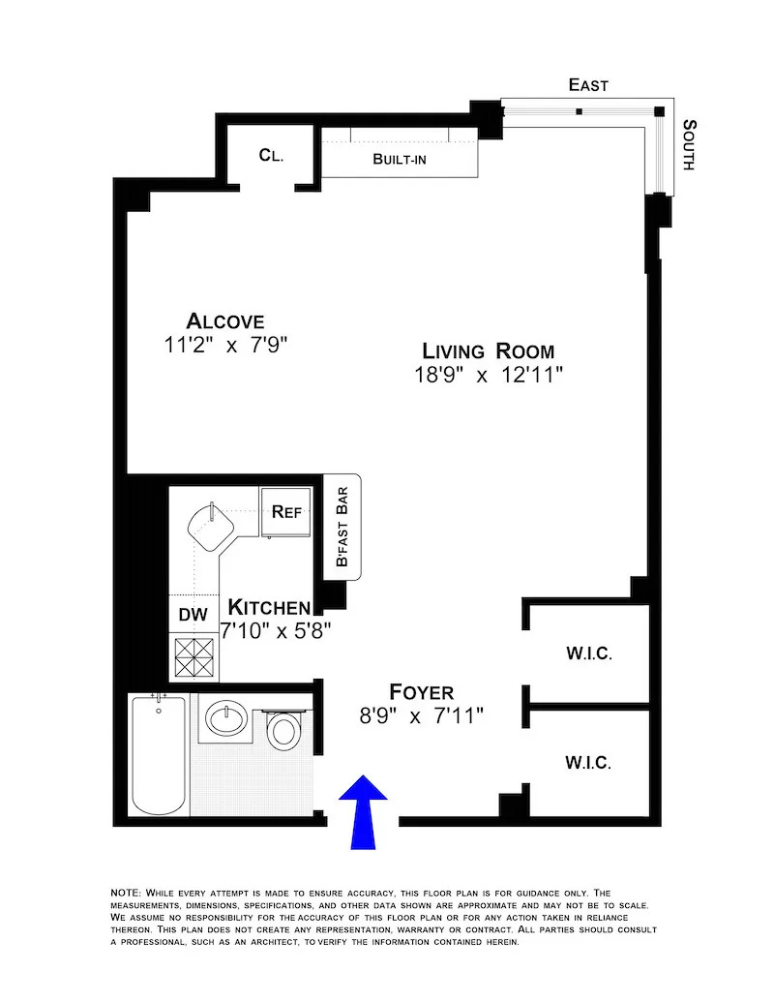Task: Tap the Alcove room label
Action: click(225, 321)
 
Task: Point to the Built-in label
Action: click(400, 159)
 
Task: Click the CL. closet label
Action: click(271, 155)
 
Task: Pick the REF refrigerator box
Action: click(286, 511)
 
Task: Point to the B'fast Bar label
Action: click(341, 530)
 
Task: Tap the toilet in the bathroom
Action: click(283, 729)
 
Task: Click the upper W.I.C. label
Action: click(588, 654)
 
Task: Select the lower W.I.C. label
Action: click(588, 764)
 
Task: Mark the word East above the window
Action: click(588, 86)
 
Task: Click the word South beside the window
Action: click(690, 145)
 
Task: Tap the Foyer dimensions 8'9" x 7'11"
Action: click(422, 716)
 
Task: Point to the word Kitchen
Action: click(269, 608)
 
